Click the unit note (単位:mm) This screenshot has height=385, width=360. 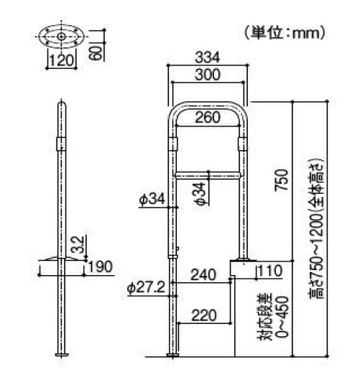point(286,32)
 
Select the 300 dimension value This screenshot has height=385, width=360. point(208,75)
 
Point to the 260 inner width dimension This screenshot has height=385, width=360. point(208,119)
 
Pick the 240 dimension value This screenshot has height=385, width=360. point(203,273)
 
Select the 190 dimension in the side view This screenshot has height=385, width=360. point(99,267)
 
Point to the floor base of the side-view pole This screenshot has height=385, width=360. point(62,354)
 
